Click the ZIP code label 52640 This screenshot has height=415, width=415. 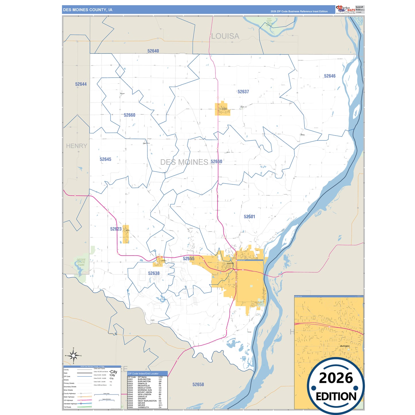(x=153, y=51)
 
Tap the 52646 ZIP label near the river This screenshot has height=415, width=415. (x=330, y=76)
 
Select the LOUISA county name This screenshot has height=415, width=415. (x=225, y=36)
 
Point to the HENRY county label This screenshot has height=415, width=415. (x=76, y=146)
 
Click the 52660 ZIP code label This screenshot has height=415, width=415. (x=130, y=115)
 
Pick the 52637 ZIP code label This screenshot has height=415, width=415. (x=243, y=92)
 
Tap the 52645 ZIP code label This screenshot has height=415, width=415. (x=105, y=159)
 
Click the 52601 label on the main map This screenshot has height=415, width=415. (x=249, y=217)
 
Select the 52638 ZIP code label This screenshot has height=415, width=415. (x=154, y=273)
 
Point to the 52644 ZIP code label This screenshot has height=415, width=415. (x=81, y=84)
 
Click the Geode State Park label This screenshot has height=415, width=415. (x=81, y=262)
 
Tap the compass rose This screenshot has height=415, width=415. (x=74, y=356)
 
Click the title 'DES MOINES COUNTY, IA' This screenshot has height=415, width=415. (x=88, y=10)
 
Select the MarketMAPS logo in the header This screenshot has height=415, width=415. (x=345, y=9)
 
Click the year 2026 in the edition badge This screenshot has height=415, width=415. (x=336, y=378)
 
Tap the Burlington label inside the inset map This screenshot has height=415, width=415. (x=345, y=346)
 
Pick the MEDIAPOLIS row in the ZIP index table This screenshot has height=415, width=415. (x=144, y=386)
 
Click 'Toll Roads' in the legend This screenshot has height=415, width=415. (x=67, y=407)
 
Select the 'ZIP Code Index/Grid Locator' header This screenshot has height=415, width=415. (x=143, y=374)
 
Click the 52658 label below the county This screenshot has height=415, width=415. (x=198, y=385)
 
